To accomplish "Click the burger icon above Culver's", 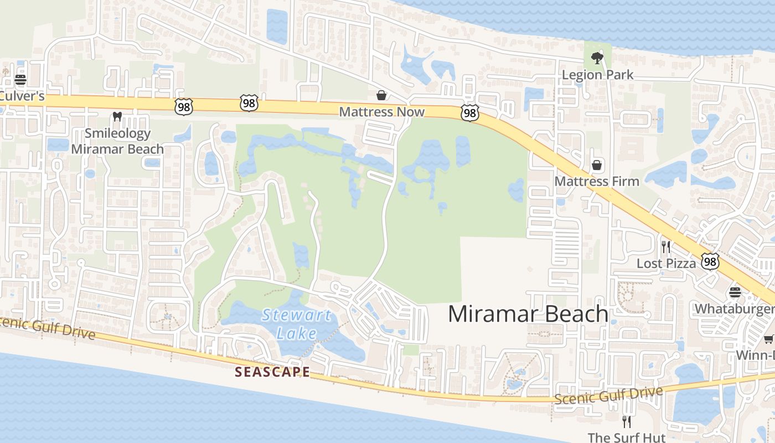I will tap(20, 79).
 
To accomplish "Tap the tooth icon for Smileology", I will tap(117, 116).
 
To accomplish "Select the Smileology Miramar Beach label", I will tap(117, 141).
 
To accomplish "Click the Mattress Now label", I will tap(381, 112).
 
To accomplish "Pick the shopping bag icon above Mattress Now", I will tap(381, 95).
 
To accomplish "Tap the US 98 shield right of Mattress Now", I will tap(469, 114).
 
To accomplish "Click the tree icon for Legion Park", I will tap(597, 57).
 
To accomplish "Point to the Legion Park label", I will tap(597, 75).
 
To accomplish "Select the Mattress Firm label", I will tap(597, 181).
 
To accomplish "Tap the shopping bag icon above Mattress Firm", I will tap(597, 164).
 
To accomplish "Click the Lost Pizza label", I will tap(666, 264).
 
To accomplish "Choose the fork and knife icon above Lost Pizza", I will tap(666, 246).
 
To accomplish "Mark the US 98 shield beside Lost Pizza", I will tap(710, 261).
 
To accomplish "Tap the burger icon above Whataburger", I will tap(735, 292).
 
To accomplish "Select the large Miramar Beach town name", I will tap(528, 314).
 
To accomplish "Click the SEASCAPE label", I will tap(272, 372).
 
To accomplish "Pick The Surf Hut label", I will tap(626, 437).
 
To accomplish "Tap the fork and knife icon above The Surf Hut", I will tap(627, 421).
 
